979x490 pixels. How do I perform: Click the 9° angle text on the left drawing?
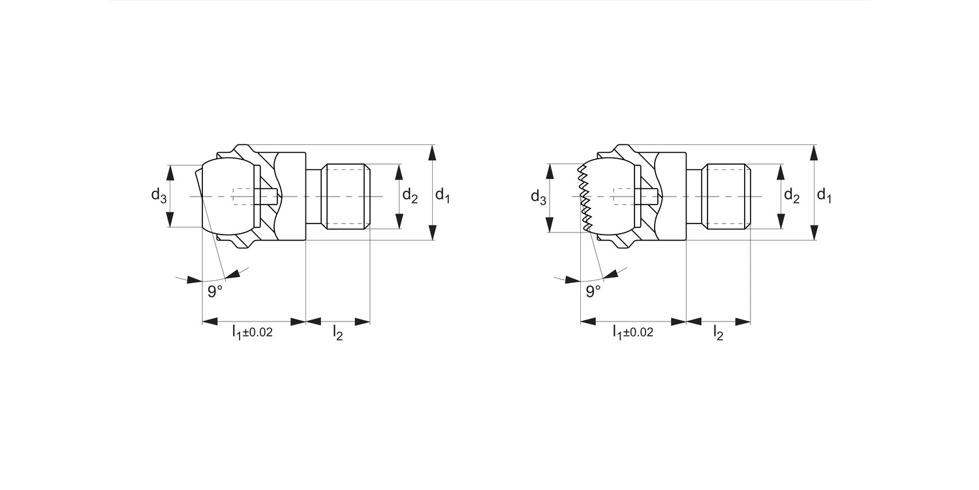coord(215,291)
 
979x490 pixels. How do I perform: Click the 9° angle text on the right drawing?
coord(593,291)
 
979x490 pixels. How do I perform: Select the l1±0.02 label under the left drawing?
coord(253,333)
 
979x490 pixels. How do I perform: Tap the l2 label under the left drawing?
coord(337,333)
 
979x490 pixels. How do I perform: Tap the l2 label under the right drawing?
coord(718,333)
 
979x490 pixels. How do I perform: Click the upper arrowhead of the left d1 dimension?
coord(432,153)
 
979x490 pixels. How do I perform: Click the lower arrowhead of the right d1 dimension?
coord(813,232)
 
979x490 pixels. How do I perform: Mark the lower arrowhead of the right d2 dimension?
coord(780,221)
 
